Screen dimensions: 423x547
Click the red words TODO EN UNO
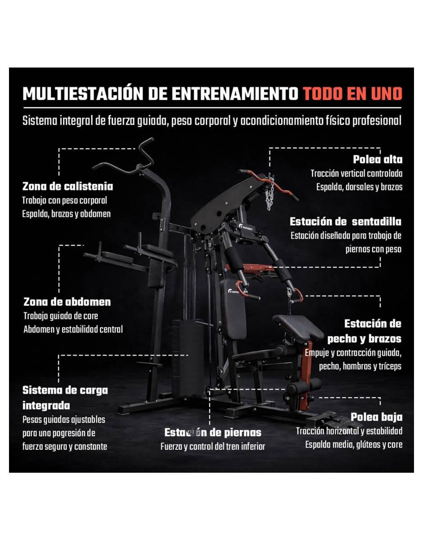pyautogui.click(x=352, y=94)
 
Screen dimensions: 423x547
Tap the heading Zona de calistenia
pyautogui.click(x=67, y=186)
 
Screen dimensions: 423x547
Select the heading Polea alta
pyautogui.click(x=378, y=159)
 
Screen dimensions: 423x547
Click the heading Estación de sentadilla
pyautogui.click(x=345, y=222)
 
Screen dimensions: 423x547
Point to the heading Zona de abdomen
pyautogui.click(x=67, y=302)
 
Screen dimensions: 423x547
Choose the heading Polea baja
pyautogui.click(x=377, y=417)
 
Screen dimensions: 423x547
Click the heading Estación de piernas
pyautogui.click(x=213, y=433)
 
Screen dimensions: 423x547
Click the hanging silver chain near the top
pyautogui.click(x=270, y=193)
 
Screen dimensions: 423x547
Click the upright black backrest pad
pyautogui.click(x=234, y=310)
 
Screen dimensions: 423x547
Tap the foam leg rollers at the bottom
pyautogui.click(x=304, y=384)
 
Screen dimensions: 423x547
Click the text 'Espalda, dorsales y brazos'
pyautogui.click(x=359, y=187)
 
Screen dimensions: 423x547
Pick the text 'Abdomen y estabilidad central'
pyautogui.click(x=73, y=330)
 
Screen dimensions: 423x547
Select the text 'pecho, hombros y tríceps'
pyautogui.click(x=360, y=366)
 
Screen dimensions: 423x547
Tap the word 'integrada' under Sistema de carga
pyautogui.click(x=46, y=406)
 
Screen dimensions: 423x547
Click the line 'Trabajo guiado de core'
pyautogui.click(x=61, y=316)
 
